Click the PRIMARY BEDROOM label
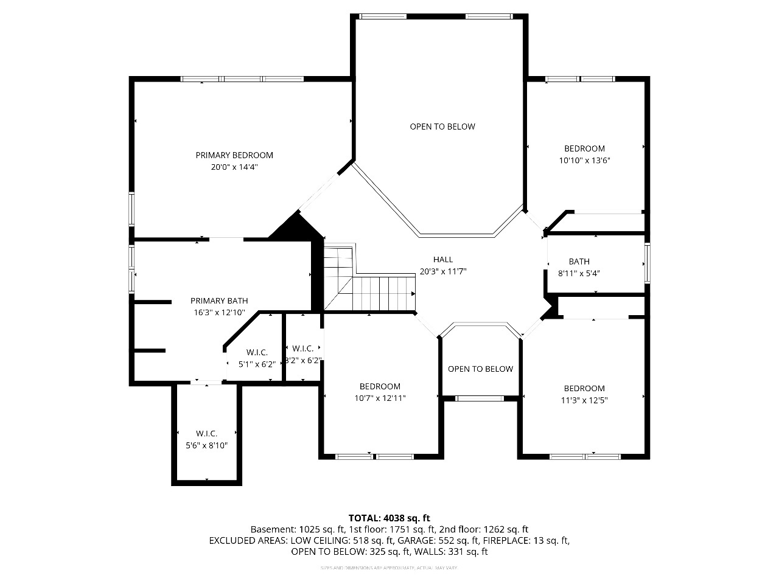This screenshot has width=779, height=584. [234, 155]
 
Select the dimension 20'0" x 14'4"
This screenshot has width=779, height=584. [234, 167]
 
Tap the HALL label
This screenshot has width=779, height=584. [443, 260]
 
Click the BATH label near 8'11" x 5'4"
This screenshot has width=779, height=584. [579, 262]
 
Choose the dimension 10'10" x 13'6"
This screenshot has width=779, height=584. [584, 161]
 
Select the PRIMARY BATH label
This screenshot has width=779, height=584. [219, 301]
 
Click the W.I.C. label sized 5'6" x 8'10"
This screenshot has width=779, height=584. [206, 433]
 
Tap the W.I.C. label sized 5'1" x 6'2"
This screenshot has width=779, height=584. [257, 352]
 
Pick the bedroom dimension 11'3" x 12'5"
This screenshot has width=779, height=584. [584, 400]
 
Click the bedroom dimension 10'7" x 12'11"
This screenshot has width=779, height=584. [380, 398]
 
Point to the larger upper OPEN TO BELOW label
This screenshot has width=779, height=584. [442, 127]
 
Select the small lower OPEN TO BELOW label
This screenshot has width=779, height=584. [480, 369]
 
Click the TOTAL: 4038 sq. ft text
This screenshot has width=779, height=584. [389, 518]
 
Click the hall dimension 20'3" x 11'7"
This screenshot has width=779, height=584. [443, 272]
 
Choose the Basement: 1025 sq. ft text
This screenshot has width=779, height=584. [294, 529]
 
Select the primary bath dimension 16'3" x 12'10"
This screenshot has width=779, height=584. [219, 313]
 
